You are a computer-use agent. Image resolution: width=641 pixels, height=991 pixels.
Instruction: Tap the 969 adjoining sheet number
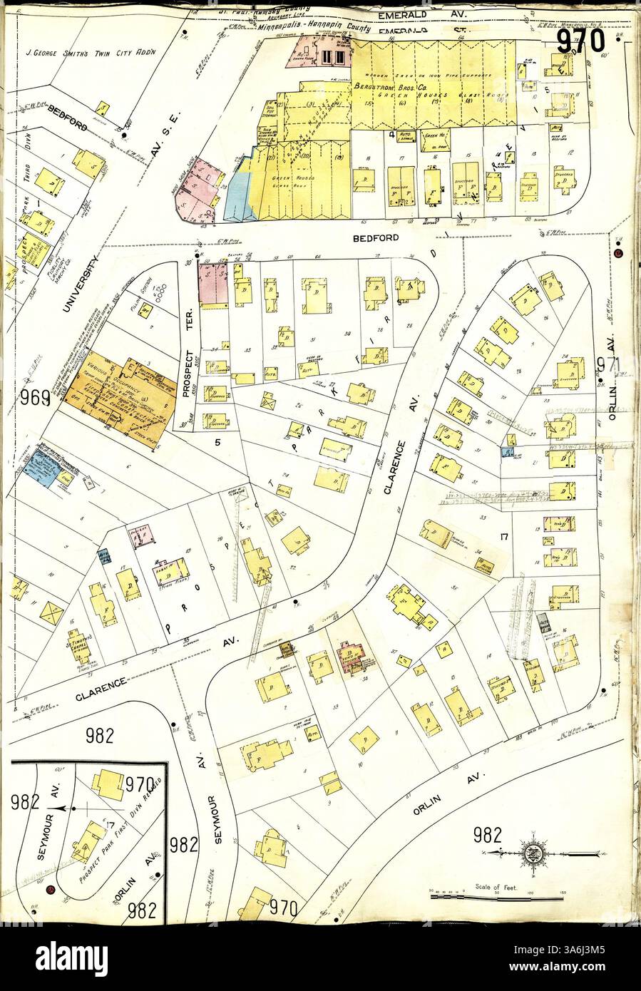click(x=35, y=397)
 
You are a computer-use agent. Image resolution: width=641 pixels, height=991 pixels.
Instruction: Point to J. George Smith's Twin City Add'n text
click(x=90, y=52)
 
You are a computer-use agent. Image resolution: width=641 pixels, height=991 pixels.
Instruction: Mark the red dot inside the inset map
click(x=51, y=890)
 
